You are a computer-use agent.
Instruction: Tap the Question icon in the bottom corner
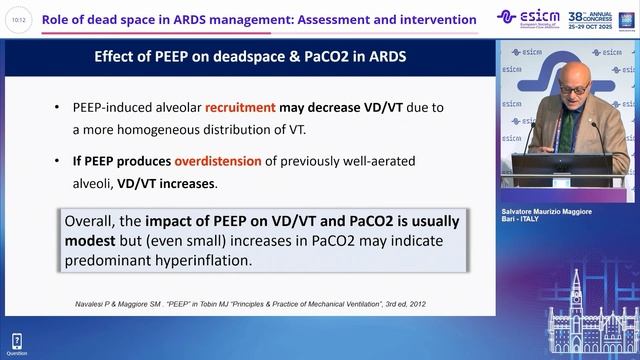pos(16,343)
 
